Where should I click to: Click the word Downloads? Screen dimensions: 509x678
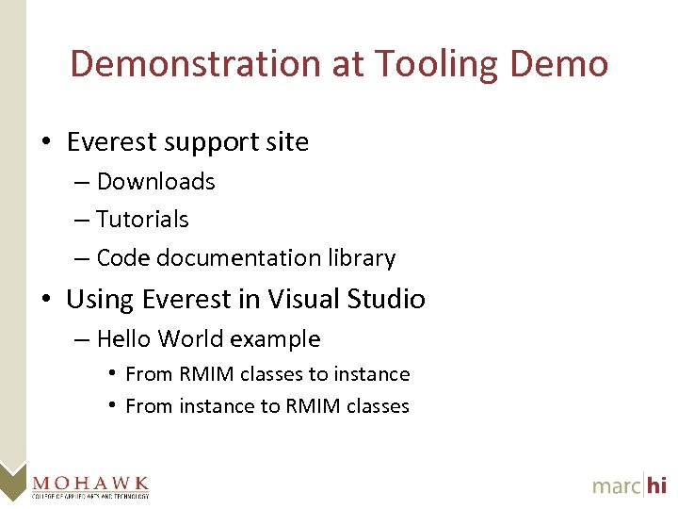[156, 182]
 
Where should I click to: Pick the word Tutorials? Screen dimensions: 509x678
[142, 220]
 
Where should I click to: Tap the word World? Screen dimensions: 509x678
[190, 339]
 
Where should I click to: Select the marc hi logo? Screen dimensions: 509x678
[629, 484]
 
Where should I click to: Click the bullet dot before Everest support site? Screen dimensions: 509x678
[45, 142]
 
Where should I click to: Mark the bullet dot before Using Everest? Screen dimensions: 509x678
[45, 300]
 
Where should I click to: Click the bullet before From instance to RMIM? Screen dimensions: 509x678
[112, 406]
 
